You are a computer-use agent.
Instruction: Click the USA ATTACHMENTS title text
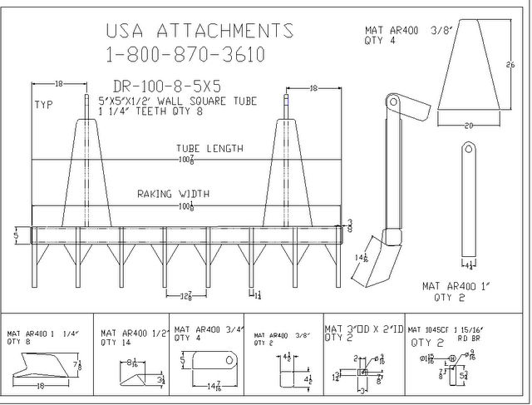pos(199,31)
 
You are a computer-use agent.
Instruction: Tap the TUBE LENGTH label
pos(209,149)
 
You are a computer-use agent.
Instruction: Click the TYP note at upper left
pos(42,106)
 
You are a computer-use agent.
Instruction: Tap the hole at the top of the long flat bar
pos(469,150)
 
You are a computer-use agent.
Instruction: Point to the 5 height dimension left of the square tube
pos(15,235)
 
